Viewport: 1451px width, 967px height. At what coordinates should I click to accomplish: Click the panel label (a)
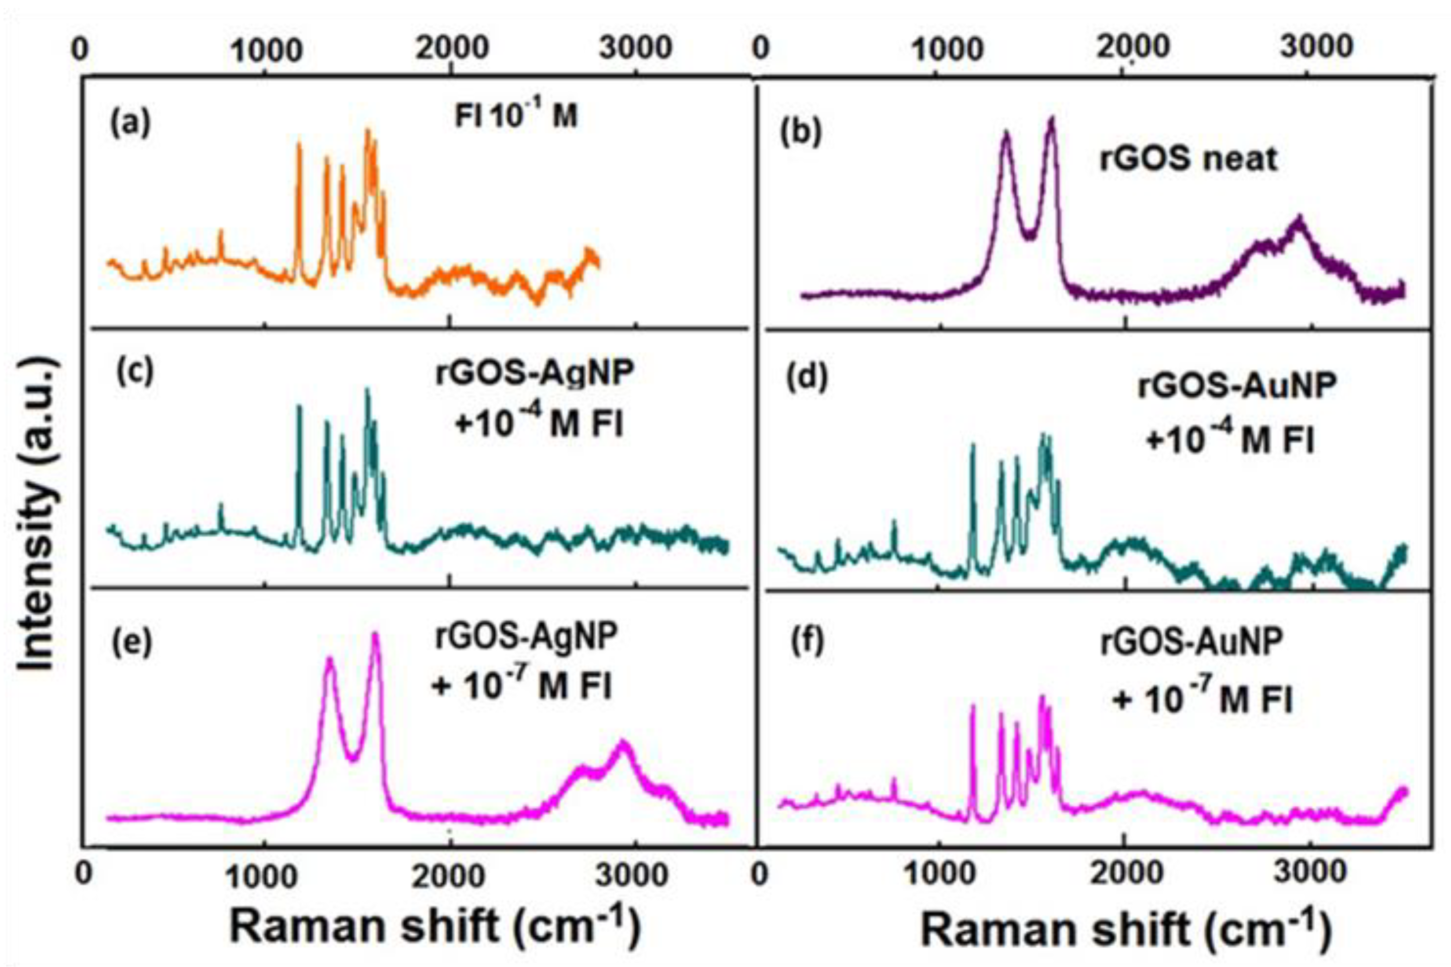click(130, 124)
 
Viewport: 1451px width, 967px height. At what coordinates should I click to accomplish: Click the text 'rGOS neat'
click(1188, 159)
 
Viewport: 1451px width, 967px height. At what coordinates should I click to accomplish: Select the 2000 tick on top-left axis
click(452, 48)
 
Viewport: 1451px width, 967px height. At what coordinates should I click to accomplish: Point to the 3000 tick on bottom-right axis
click(1310, 873)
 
